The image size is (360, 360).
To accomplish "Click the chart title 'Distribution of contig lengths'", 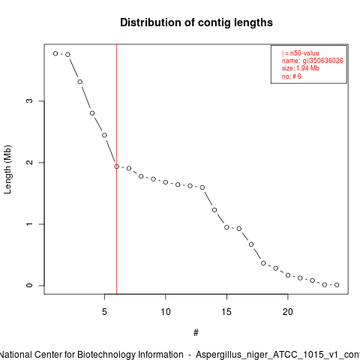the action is pyautogui.click(x=196, y=22).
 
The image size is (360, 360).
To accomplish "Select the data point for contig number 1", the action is pyautogui.click(x=55, y=53).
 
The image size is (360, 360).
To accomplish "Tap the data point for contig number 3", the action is pyautogui.click(x=80, y=82).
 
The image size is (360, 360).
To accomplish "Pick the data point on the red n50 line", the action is pyautogui.click(x=117, y=166).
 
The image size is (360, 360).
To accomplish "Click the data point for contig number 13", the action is pyautogui.click(x=202, y=187).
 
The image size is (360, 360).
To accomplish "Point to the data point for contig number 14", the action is pyautogui.click(x=214, y=210).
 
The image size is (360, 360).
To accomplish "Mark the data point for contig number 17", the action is pyautogui.click(x=251, y=244).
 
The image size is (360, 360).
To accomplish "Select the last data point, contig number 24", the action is pyautogui.click(x=337, y=285).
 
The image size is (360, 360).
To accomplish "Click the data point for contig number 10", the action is pyautogui.click(x=166, y=182).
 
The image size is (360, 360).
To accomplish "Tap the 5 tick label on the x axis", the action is pyautogui.click(x=104, y=312).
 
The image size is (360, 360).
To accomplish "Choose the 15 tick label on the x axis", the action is pyautogui.click(x=226, y=312).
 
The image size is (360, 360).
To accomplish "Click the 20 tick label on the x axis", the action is pyautogui.click(x=288, y=312).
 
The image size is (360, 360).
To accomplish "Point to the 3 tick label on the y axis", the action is pyautogui.click(x=29, y=100).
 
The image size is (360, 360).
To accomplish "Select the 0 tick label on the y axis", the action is pyautogui.click(x=29, y=285).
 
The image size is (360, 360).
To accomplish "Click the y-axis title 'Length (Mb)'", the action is pyautogui.click(x=7, y=169).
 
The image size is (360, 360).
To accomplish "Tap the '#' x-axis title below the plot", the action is pyautogui.click(x=196, y=333).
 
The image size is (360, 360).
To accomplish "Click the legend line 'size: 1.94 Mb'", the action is pyautogui.click(x=300, y=68).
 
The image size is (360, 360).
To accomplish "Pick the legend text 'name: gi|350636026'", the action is pyautogui.click(x=312, y=61).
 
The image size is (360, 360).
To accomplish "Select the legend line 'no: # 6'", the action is pyautogui.click(x=292, y=76).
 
